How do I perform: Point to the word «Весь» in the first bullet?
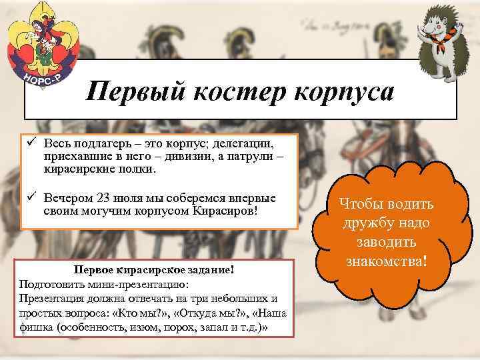coord(58,144)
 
